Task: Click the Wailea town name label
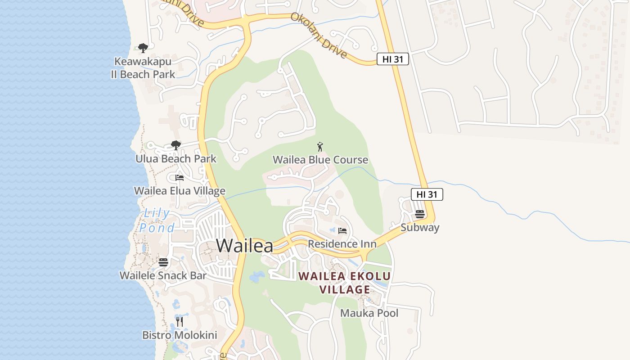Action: [244, 246]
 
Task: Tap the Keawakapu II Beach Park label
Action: [143, 67]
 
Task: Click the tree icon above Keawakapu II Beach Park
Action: [143, 48]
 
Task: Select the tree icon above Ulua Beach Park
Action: [176, 145]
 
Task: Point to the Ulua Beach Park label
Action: [176, 159]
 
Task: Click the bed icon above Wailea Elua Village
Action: [180, 178]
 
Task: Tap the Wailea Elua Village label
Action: [180, 191]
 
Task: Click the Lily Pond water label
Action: [157, 220]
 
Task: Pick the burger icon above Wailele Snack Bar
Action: [163, 262]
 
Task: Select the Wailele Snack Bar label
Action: [163, 275]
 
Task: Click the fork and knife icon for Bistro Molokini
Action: [180, 322]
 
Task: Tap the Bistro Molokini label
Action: [180, 335]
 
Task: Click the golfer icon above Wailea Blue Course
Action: [320, 147]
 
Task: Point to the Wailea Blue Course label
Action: [320, 160]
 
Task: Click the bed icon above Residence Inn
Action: [342, 231]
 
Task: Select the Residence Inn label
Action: [342, 244]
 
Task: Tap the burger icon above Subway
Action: [420, 214]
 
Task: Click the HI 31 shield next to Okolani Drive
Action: [392, 59]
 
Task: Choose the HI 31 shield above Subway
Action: [427, 194]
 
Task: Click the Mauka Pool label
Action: [369, 313]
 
